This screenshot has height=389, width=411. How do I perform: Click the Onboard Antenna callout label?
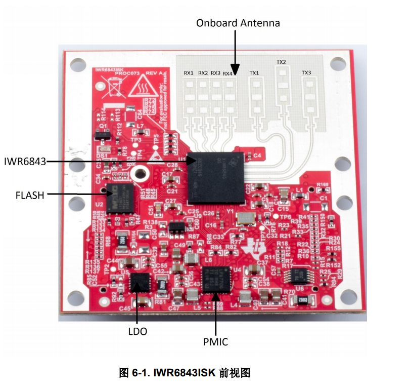click(238, 23)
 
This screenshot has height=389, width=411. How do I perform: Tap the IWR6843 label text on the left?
click(24, 162)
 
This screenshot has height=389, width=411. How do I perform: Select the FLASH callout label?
click(29, 195)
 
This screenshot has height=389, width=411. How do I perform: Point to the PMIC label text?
click(215, 342)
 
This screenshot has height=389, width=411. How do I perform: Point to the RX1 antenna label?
click(189, 73)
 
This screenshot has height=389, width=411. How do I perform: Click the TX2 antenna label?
click(281, 62)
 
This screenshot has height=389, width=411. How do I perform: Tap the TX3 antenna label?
click(306, 72)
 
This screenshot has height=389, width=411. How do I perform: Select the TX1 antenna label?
click(254, 73)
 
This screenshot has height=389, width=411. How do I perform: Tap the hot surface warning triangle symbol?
click(138, 90)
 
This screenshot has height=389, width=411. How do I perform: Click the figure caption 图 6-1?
click(185, 373)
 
